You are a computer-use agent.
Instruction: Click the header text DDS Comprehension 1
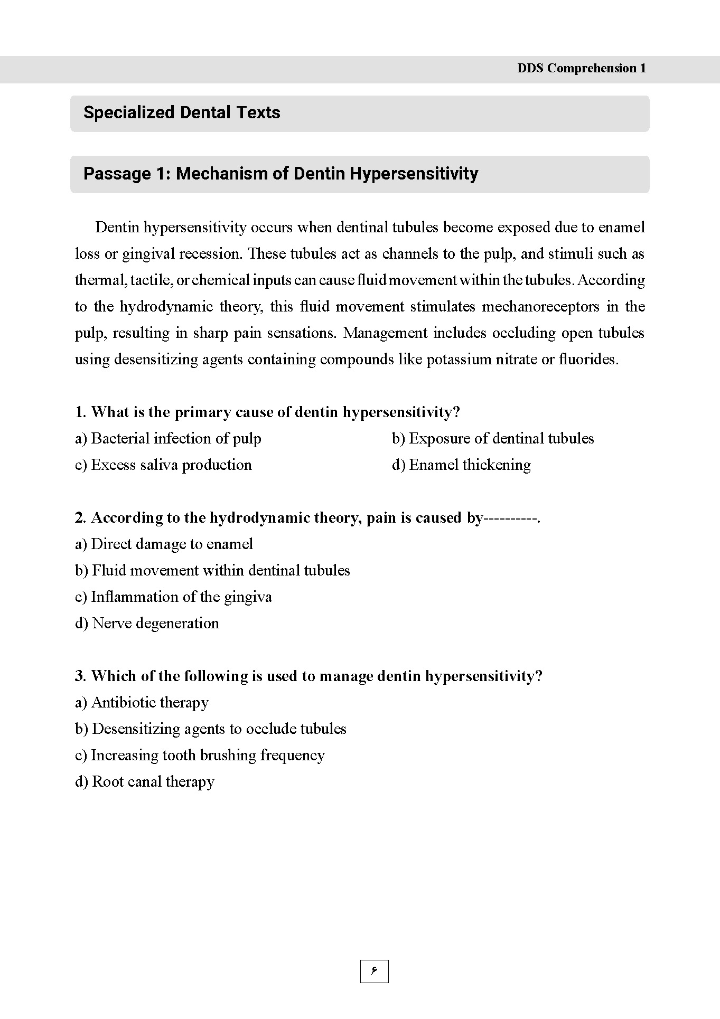pos(581,68)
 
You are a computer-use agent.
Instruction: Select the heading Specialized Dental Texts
pos(182,112)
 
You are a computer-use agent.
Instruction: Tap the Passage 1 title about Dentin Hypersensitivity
pos(280,174)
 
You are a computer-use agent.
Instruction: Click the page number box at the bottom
pos(374,971)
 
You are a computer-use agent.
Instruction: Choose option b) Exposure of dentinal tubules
pos(492,439)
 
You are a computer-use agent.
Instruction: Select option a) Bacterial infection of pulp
pos(168,439)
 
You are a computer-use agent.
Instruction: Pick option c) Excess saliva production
pos(163,465)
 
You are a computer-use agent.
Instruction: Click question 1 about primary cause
pos(267,412)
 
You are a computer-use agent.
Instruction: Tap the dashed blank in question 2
pos(510,518)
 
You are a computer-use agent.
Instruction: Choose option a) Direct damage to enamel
pos(164,544)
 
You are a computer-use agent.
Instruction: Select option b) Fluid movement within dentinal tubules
pos(212,571)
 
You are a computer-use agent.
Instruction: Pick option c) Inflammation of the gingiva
pos(173,597)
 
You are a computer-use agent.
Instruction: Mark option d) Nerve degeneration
pos(147,624)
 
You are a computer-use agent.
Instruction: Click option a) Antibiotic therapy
pos(142,703)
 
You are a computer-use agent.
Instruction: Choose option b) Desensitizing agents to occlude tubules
pos(210,729)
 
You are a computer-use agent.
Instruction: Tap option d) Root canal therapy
pos(144,782)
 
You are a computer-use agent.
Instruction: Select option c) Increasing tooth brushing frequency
pos(200,756)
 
